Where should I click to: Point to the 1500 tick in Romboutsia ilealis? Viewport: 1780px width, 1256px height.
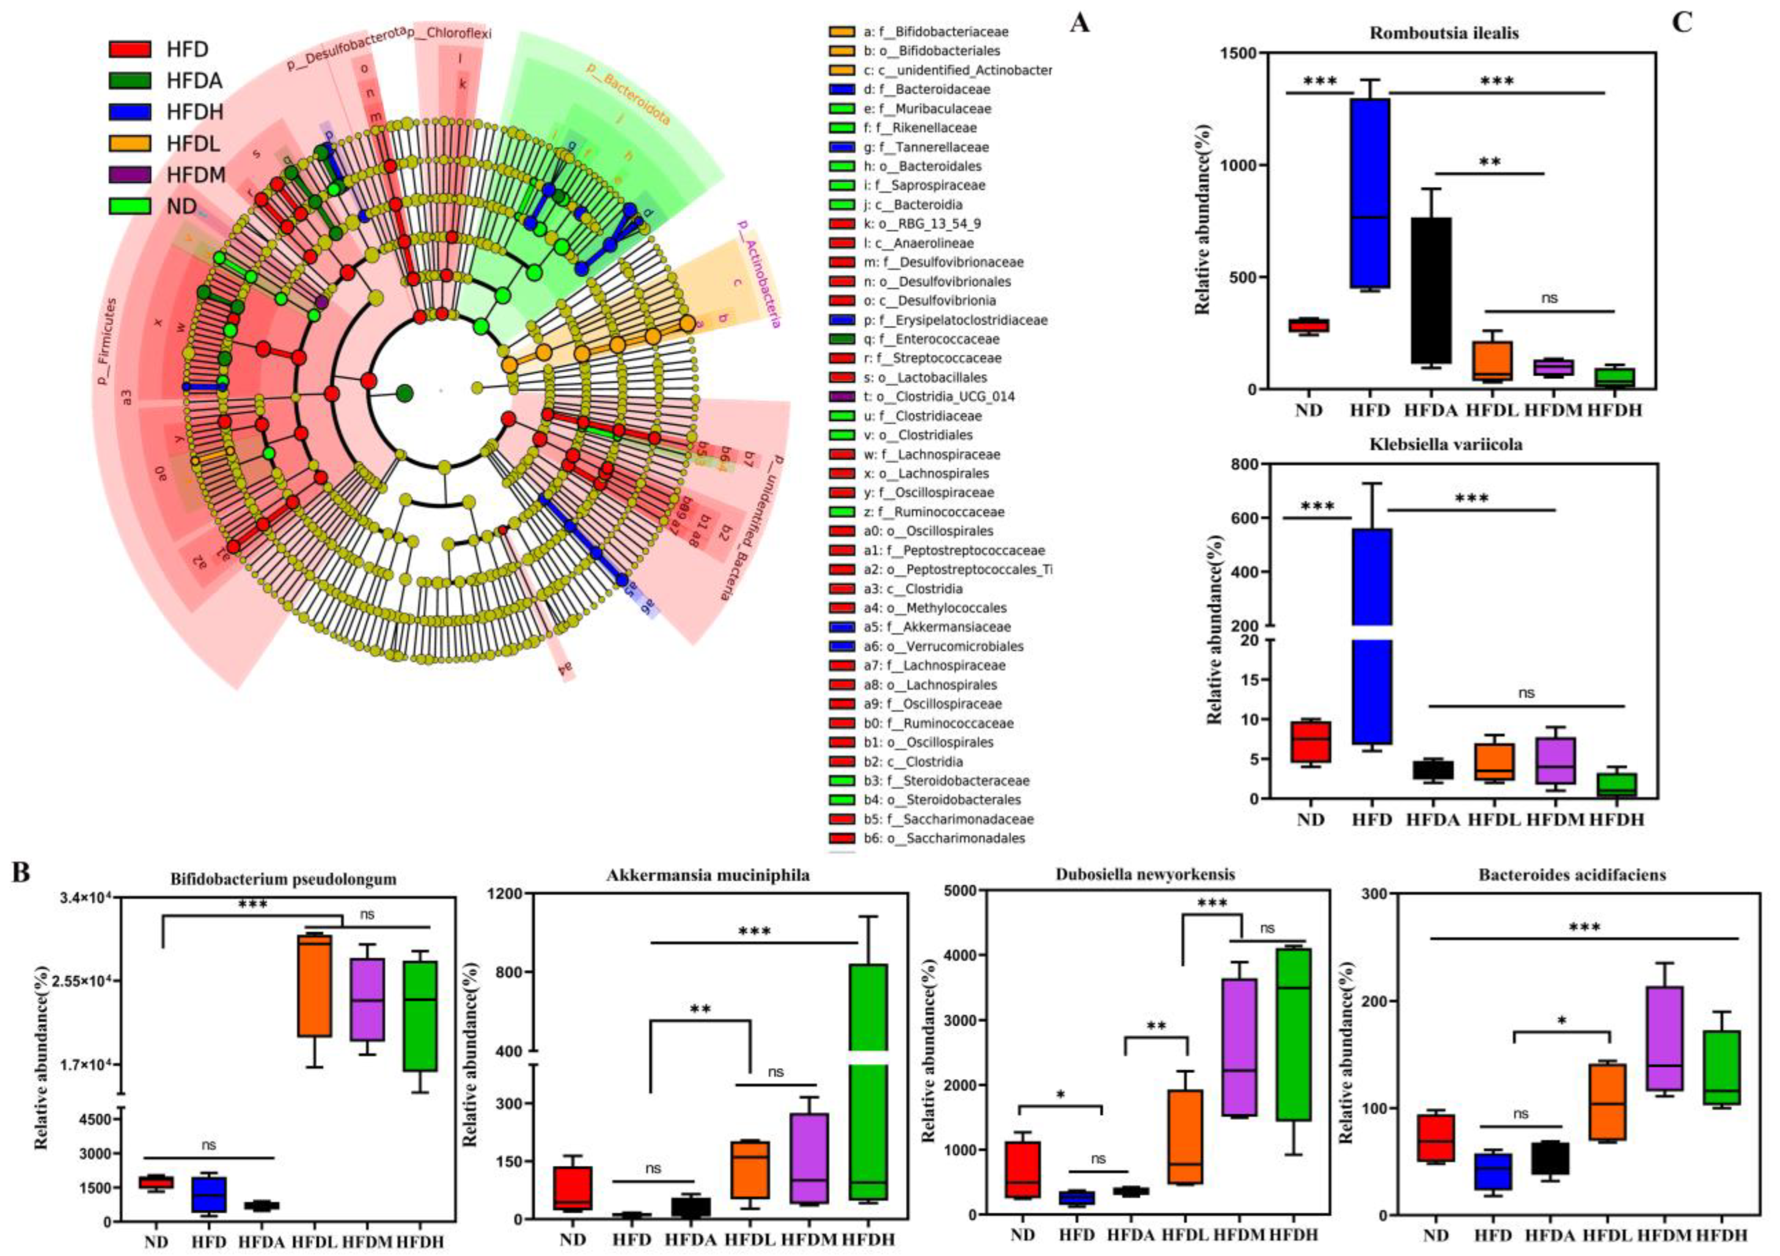1238,53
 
